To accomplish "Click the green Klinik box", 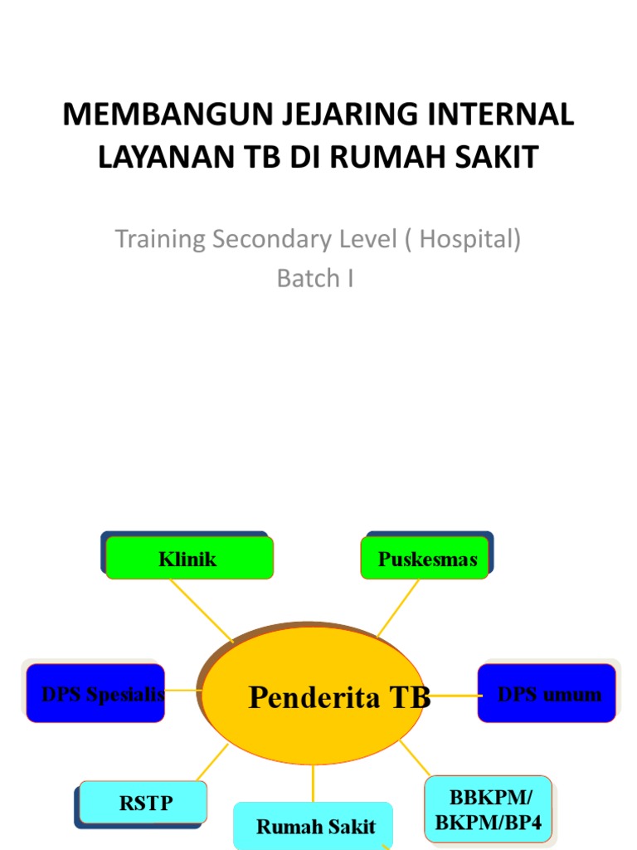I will (188, 559).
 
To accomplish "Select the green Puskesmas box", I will (427, 559).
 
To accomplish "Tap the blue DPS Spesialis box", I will (95, 694).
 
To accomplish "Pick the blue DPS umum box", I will (547, 694).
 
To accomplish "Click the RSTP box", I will (145, 803).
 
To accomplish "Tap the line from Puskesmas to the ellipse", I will (398, 608).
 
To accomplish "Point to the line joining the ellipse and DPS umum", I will (455, 696).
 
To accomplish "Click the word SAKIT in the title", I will (498, 158).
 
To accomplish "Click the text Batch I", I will (315, 279).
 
